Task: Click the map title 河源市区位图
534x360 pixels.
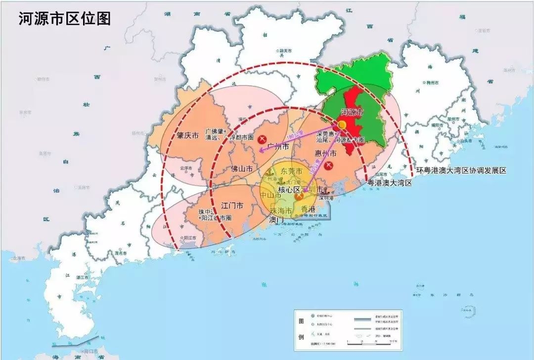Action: (64, 18)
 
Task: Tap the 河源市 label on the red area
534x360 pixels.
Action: (353, 112)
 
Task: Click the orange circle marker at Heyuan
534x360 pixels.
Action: (342, 125)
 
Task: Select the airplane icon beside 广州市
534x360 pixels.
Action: (264, 139)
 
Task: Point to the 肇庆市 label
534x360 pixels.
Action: (188, 135)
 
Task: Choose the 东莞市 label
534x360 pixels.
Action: (291, 171)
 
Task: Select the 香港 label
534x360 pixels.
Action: (308, 209)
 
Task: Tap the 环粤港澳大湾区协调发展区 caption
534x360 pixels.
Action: (461, 170)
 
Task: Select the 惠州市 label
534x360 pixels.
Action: (325, 154)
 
